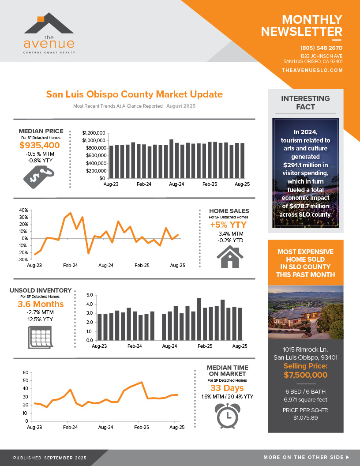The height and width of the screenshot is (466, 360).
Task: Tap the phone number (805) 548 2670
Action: [321, 48]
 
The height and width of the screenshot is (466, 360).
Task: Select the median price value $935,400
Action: [40, 146]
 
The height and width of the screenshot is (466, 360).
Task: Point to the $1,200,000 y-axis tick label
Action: [94, 133]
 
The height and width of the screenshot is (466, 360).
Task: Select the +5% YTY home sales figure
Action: [229, 225]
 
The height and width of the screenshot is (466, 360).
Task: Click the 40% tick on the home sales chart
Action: [22, 210]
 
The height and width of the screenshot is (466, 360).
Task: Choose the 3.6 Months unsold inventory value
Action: [41, 304]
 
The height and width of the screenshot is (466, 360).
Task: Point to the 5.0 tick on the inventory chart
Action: [90, 295]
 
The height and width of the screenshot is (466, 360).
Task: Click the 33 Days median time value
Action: [227, 388]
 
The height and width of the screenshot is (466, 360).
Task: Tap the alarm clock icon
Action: [227, 415]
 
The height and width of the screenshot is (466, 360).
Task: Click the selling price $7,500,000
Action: [305, 375]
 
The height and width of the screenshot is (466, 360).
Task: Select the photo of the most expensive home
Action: [305, 311]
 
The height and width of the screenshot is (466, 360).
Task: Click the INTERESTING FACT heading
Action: [305, 102]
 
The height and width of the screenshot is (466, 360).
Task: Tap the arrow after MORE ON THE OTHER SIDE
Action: [348, 457]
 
